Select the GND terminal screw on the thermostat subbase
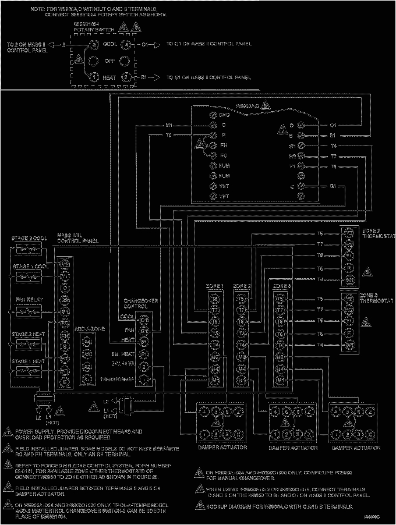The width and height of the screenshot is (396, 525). pyautogui.click(x=214, y=114)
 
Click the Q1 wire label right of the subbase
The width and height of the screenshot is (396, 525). pyautogui.click(x=334, y=125)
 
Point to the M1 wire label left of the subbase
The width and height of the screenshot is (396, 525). pyautogui.click(x=169, y=125)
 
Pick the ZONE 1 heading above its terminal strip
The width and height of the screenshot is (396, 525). pyautogui.click(x=214, y=286)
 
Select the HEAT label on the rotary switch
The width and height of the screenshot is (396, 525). pyautogui.click(x=109, y=77)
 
